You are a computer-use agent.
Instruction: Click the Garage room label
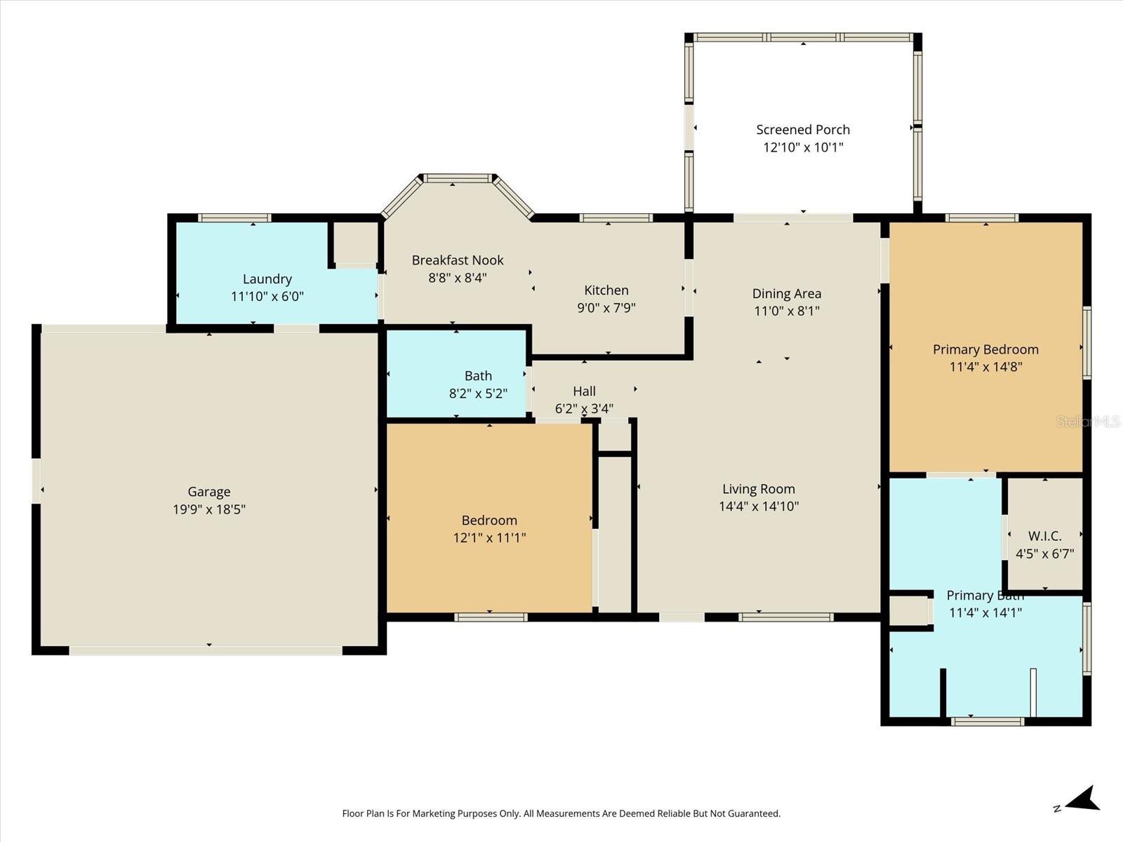tap(208, 492)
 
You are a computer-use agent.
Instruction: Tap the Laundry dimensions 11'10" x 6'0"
tap(267, 297)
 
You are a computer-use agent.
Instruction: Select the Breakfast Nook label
tap(458, 260)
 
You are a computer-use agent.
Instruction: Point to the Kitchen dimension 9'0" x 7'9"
tap(606, 308)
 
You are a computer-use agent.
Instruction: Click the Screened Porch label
tap(803, 130)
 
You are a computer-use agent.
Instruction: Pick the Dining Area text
tap(786, 294)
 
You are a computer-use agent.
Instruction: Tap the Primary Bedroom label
tap(985, 349)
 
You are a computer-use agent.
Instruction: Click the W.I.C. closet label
tap(1044, 536)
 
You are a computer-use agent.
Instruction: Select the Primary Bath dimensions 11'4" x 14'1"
tap(985, 613)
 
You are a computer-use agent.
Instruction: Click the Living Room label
tap(759, 489)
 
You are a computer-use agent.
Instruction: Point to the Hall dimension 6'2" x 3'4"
tap(584, 408)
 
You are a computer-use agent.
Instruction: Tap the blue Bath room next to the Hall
tap(457, 374)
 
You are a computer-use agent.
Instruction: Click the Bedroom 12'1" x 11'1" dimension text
tap(489, 538)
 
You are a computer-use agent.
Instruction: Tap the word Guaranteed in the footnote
tap(752, 814)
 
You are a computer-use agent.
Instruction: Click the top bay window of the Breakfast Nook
tap(458, 179)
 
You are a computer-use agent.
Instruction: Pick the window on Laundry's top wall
tap(234, 218)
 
